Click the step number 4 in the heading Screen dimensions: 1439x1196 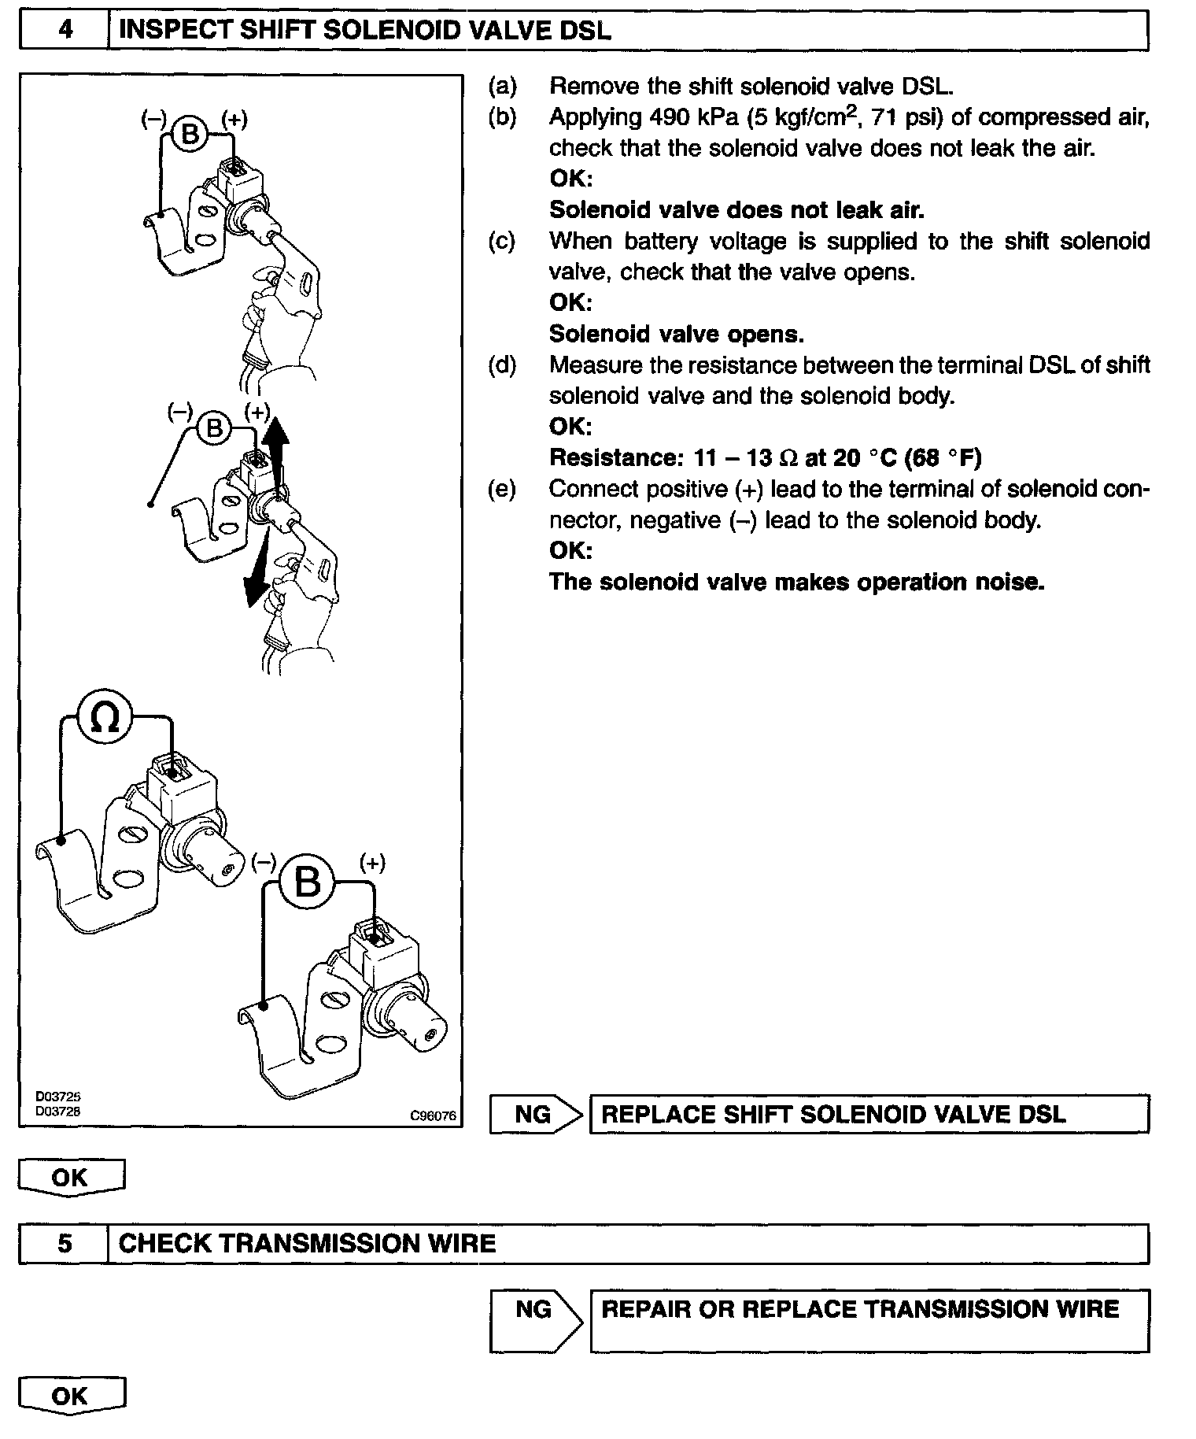[65, 31]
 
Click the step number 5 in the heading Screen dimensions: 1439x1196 [65, 1244]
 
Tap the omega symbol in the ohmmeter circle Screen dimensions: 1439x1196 [105, 717]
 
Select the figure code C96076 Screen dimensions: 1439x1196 [433, 1115]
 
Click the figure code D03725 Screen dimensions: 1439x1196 [57, 1096]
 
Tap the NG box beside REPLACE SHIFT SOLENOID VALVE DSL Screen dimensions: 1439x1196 [533, 1114]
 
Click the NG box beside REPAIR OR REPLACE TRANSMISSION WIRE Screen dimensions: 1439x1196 [533, 1309]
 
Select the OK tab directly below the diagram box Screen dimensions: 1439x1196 [70, 1178]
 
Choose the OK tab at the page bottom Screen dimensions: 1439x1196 [70, 1396]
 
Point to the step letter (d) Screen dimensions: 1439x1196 [502, 365]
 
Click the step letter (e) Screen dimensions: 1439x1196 [502, 490]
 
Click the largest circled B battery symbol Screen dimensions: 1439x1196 [308, 882]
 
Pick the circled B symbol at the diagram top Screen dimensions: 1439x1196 [190, 134]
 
